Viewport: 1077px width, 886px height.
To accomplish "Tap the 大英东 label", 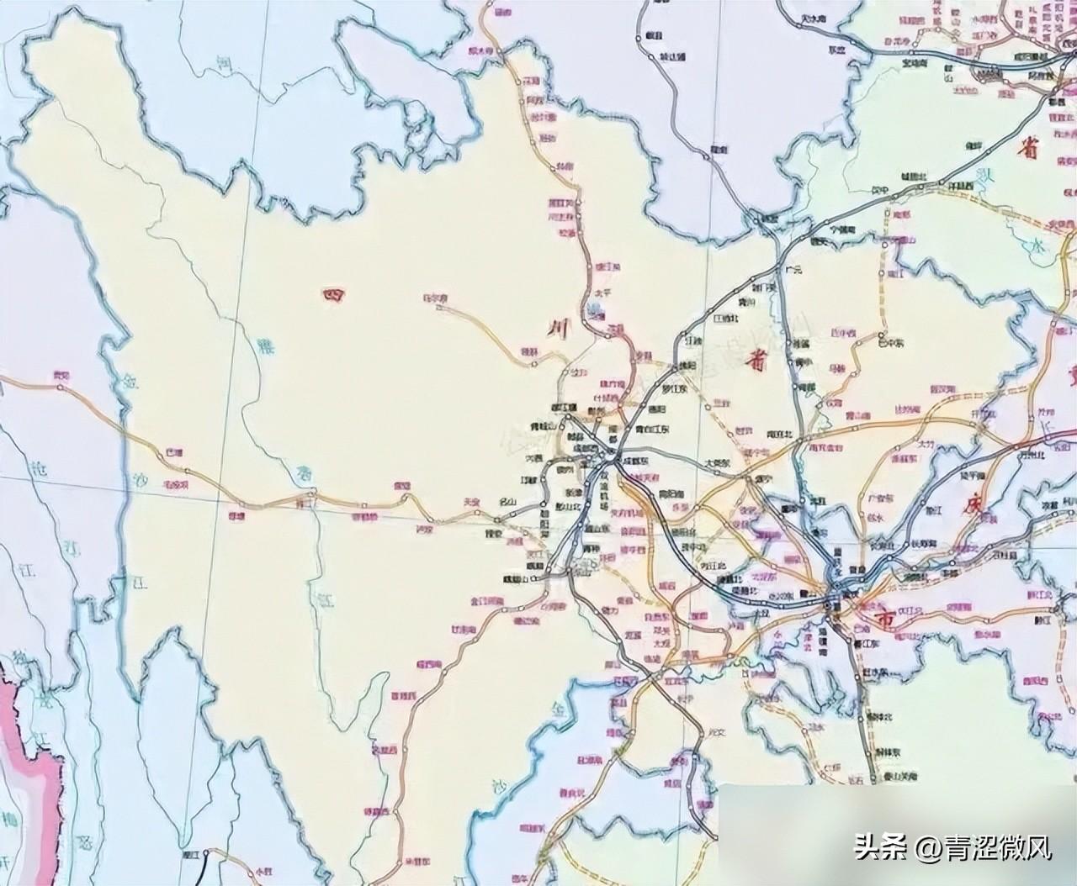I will coord(717,462).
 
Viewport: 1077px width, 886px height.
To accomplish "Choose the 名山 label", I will coord(508,503).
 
